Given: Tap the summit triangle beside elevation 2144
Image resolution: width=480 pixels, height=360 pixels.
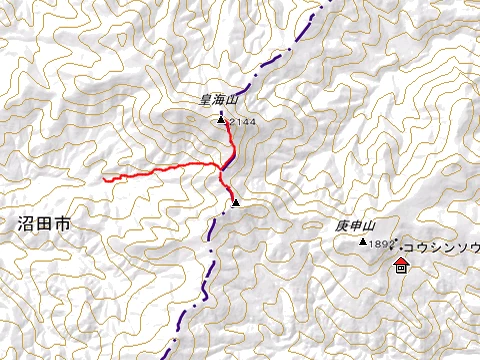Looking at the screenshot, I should [221, 120].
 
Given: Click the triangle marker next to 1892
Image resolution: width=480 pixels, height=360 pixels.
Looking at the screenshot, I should [363, 241].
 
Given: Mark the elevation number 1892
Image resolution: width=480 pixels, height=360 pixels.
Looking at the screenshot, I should [378, 244].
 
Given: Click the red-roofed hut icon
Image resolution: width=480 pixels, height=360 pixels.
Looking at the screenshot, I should [401, 265].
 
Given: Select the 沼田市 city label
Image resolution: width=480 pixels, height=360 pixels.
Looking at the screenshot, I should [44, 225].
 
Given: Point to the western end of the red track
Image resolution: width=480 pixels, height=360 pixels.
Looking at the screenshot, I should [103, 181].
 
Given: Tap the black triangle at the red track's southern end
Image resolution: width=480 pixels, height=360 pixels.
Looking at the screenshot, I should [236, 203].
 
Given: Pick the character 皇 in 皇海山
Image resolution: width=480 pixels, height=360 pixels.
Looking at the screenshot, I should [205, 100].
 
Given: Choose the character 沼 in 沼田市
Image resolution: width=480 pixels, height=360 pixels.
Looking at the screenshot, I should [25, 225].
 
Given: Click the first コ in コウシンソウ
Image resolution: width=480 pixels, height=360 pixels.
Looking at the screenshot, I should [408, 246].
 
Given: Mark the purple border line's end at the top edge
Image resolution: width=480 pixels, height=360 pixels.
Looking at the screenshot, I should [327, 2].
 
